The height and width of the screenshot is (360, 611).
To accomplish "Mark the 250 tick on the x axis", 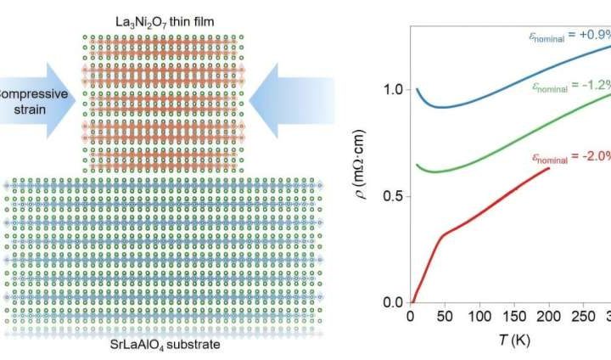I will [x=585, y=317].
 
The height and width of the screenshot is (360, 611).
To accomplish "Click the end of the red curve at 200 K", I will [x=549, y=168].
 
